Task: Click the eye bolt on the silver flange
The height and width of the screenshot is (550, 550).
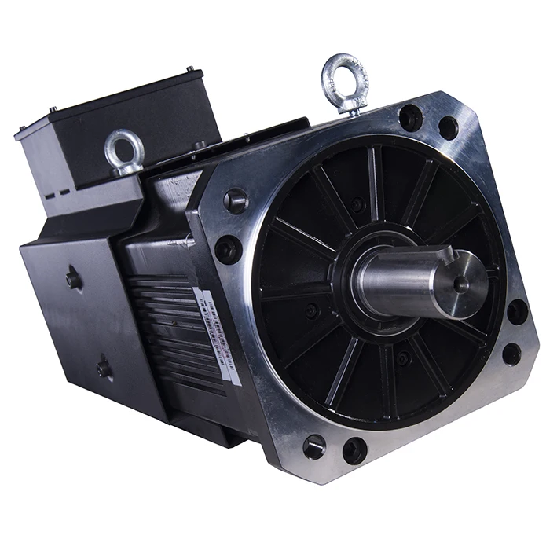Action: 344,78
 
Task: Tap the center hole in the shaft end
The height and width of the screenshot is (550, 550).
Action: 460,284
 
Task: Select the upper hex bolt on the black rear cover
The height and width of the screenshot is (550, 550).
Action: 73,277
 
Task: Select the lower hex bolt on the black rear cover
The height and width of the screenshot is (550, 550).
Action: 103,367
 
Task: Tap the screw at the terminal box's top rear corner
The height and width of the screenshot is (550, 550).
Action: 190,69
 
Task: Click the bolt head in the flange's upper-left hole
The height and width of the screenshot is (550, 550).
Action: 236,201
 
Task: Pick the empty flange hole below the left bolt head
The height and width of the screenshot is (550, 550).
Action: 228,250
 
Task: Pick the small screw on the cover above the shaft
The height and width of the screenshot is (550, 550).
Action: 359,206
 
